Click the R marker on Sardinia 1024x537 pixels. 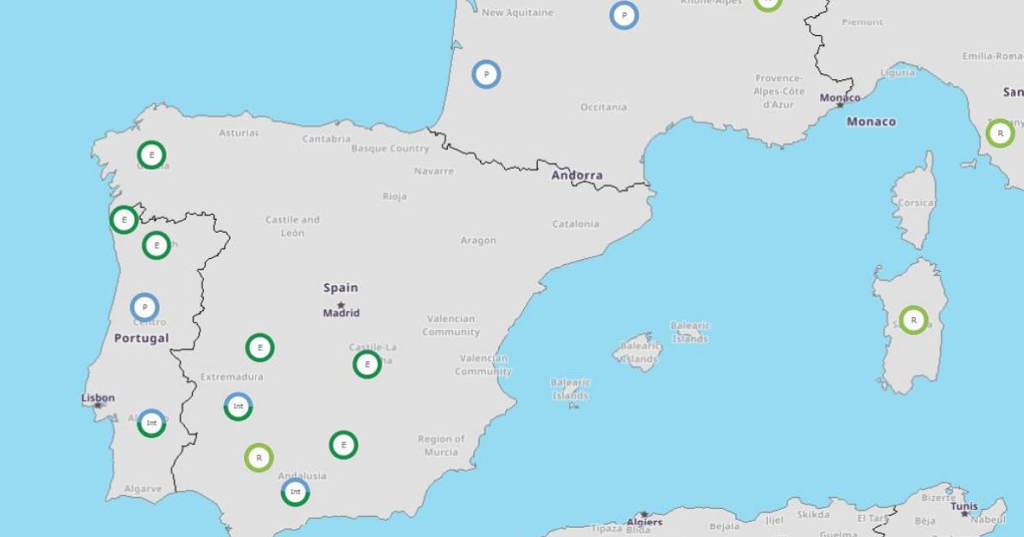click(x=913, y=320)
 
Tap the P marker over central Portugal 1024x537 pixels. click(x=145, y=307)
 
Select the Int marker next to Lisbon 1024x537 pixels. click(x=151, y=423)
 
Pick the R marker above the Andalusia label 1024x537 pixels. click(x=259, y=458)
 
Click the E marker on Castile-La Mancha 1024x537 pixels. click(x=367, y=364)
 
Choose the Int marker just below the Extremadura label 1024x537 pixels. click(x=238, y=407)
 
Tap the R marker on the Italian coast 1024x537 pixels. click(x=1000, y=134)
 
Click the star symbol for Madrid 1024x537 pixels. click(x=340, y=304)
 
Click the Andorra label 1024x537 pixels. click(x=577, y=176)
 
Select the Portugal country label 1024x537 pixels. click(x=142, y=338)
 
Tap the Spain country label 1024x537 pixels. click(x=340, y=288)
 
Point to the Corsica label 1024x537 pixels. click(x=916, y=203)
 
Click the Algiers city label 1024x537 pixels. click(x=644, y=522)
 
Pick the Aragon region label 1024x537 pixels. click(x=478, y=240)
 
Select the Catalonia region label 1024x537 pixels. click(x=575, y=224)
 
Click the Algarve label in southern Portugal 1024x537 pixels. click(x=143, y=489)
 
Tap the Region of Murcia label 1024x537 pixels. click(x=441, y=445)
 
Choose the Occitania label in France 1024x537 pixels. click(x=603, y=107)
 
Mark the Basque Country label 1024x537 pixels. click(x=390, y=148)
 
